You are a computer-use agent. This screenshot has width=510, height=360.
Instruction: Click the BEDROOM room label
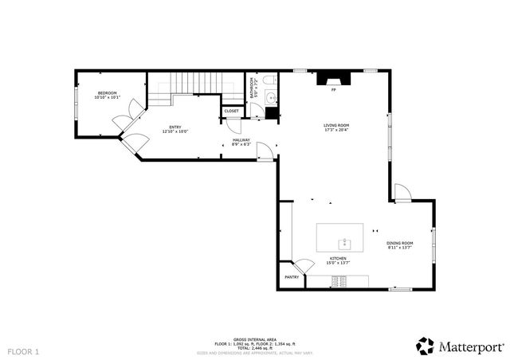pyautogui.click(x=107, y=94)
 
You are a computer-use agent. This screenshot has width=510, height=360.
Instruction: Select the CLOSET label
pyautogui.click(x=231, y=111)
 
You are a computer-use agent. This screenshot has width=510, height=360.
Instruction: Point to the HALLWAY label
pyautogui.click(x=241, y=140)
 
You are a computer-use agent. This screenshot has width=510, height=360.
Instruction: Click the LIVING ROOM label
pyautogui.click(x=335, y=125)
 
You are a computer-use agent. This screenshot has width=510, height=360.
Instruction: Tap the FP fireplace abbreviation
pyautogui.click(x=333, y=90)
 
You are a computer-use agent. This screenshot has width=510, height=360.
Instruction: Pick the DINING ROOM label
pyautogui.click(x=399, y=243)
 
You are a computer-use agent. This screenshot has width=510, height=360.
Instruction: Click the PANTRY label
pyautogui.click(x=292, y=277)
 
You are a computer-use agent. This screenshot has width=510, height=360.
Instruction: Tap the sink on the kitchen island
pyautogui.click(x=345, y=241)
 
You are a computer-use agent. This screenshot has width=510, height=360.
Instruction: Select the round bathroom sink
pyautogui.click(x=272, y=98)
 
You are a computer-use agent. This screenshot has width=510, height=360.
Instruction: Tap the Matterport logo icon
pyautogui.click(x=425, y=346)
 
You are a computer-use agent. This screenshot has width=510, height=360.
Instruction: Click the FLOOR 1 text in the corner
pyautogui.click(x=23, y=350)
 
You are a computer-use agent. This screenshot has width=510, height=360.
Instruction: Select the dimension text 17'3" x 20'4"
pyautogui.click(x=335, y=131)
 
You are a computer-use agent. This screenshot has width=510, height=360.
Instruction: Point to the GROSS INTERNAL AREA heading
pyautogui.click(x=254, y=338)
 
